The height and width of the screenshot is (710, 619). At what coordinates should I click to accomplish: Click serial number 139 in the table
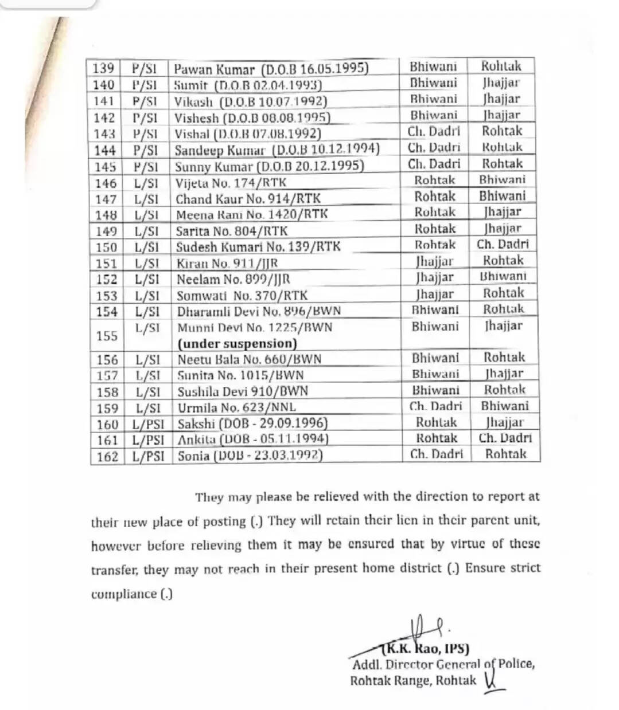click(103, 69)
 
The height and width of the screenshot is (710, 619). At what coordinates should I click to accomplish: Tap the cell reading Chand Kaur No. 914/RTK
click(248, 199)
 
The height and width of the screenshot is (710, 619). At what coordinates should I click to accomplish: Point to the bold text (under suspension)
click(237, 344)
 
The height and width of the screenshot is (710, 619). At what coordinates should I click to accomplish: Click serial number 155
click(107, 336)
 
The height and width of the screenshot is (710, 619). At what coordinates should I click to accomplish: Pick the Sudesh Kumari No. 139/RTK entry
click(258, 247)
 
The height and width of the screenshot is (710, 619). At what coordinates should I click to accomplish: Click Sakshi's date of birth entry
click(252, 424)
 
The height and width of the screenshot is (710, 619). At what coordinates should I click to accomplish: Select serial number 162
click(107, 456)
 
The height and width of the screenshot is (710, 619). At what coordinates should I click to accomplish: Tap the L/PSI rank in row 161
click(147, 440)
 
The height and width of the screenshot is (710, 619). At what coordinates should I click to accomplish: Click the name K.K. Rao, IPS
click(425, 649)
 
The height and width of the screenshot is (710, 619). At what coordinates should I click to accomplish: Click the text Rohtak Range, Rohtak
click(413, 681)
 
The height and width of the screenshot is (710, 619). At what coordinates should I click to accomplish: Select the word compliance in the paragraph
click(124, 594)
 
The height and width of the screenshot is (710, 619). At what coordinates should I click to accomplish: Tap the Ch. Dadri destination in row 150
click(503, 244)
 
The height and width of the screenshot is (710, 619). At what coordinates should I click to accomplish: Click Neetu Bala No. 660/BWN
click(249, 359)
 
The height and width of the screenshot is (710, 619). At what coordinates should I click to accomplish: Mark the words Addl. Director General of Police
click(443, 665)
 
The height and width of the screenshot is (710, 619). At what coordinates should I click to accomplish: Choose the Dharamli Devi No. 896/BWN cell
click(259, 311)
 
